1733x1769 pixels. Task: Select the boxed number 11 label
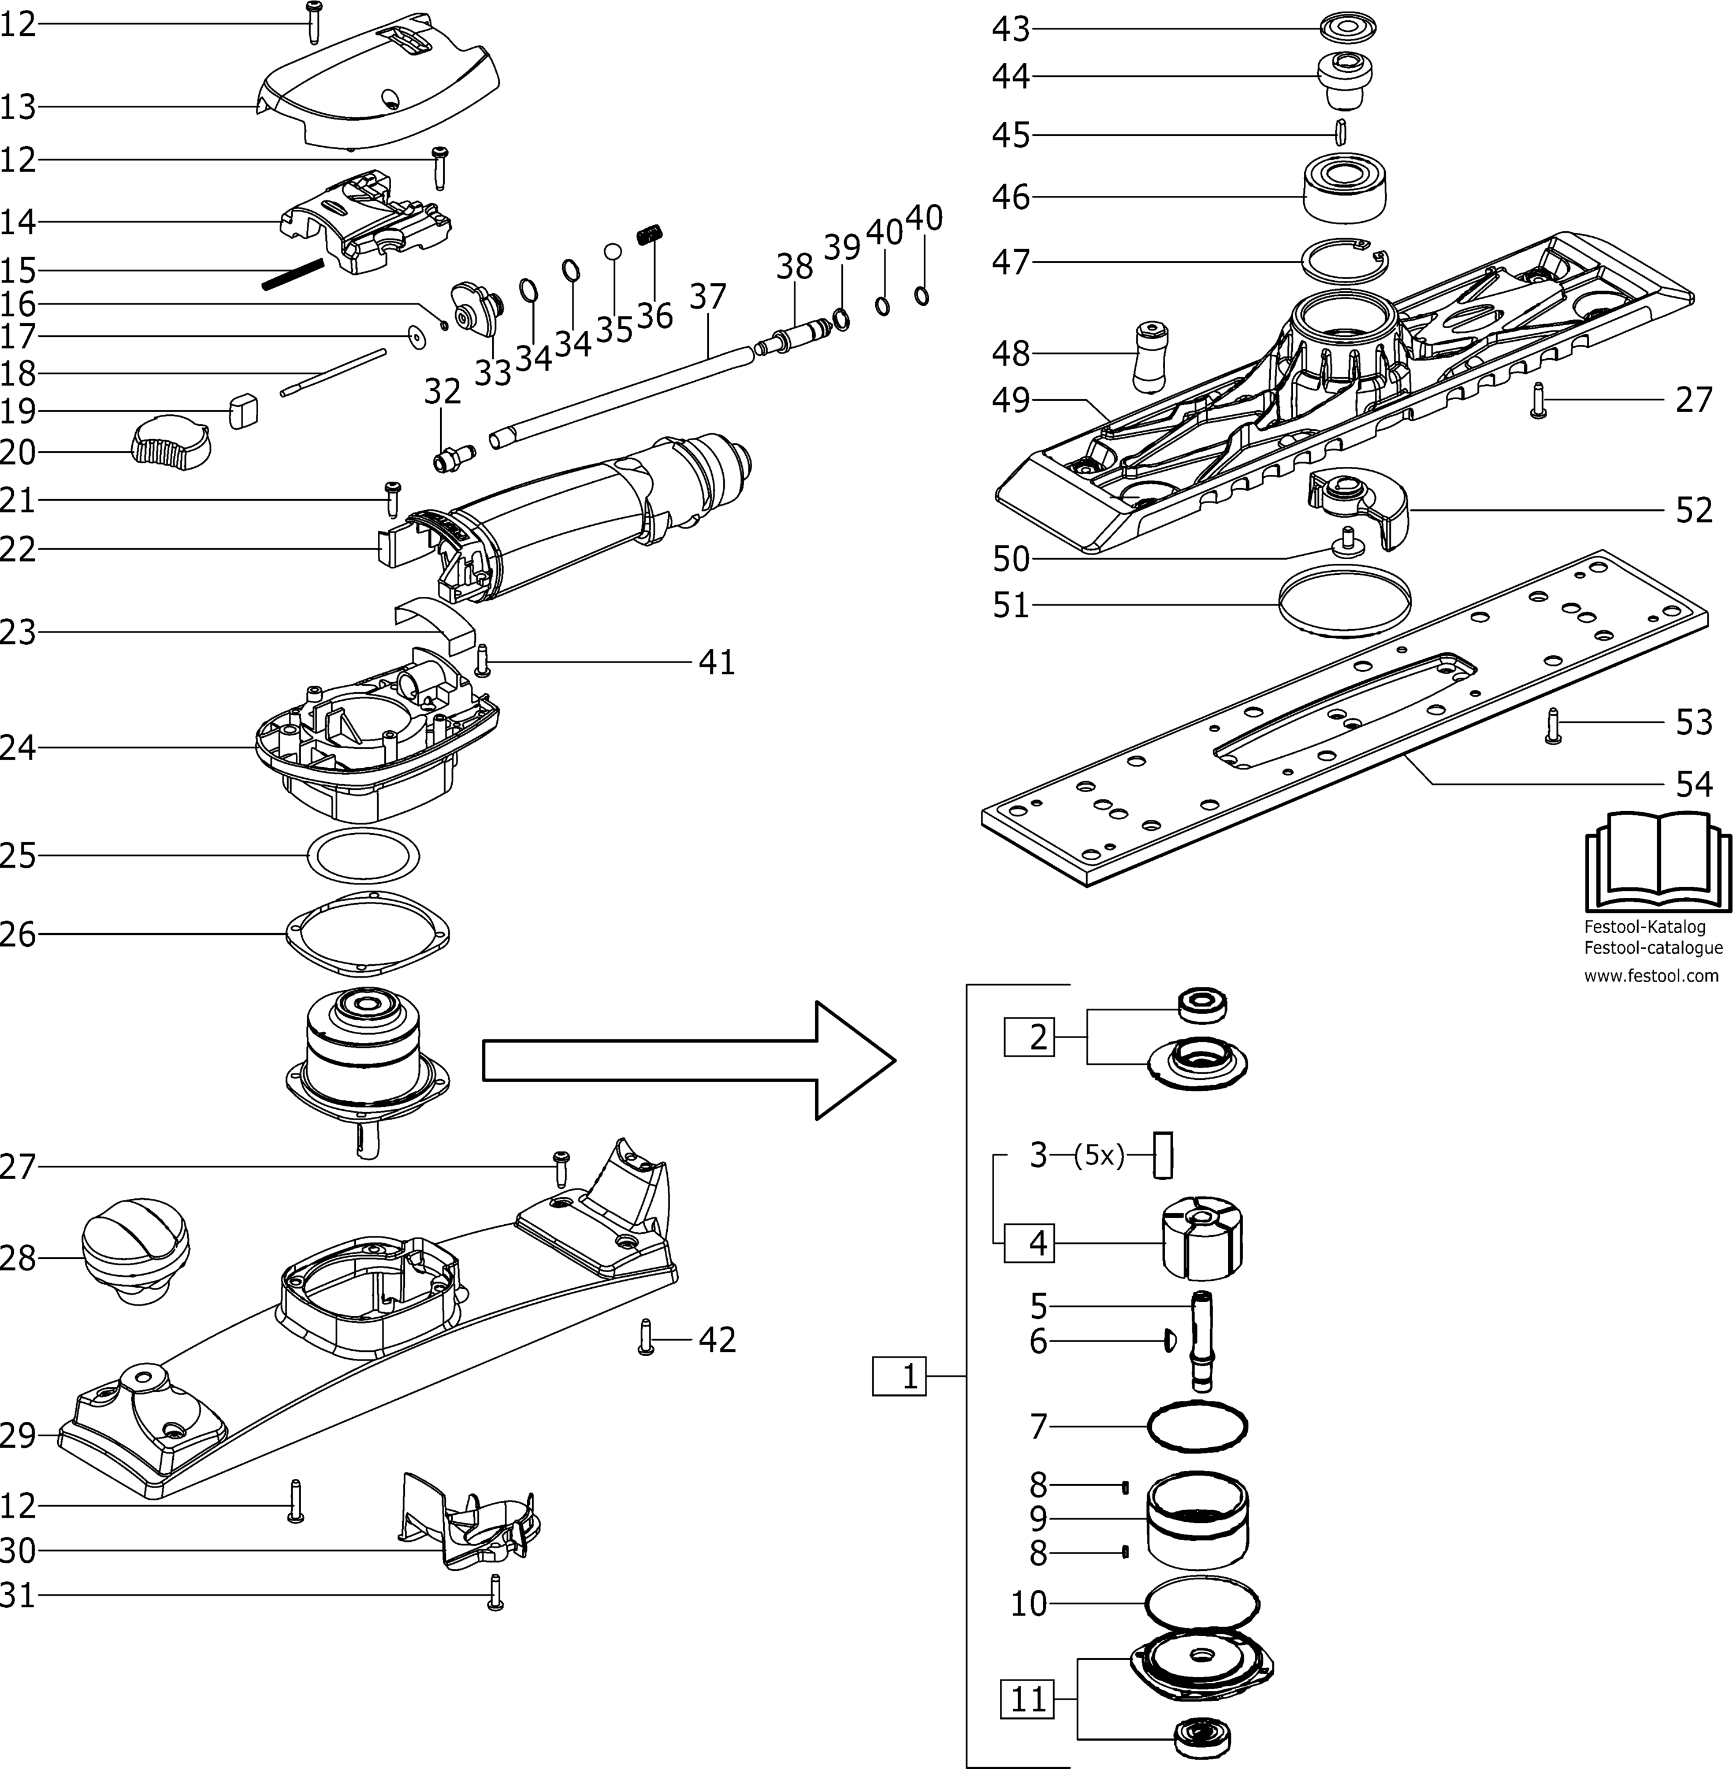pyautogui.click(x=1028, y=1699)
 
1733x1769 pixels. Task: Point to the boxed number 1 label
pyautogui.click(x=899, y=1377)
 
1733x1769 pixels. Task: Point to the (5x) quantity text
pyautogui.click(x=1099, y=1155)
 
